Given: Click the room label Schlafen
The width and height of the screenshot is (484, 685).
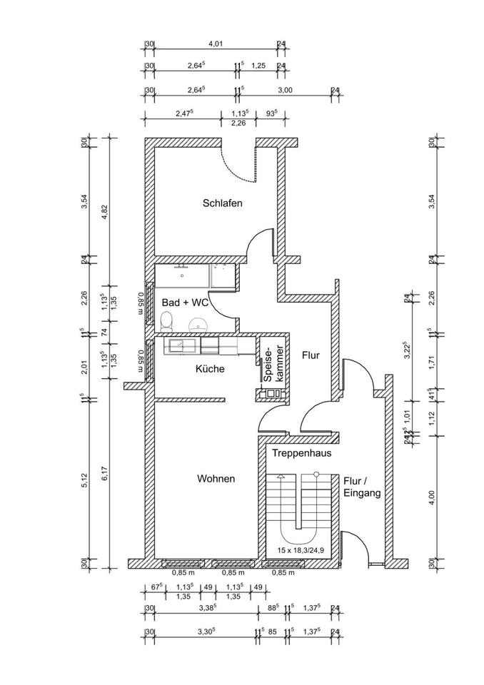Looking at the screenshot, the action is [x=222, y=203].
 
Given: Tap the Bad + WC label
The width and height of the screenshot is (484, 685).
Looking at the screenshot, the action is [x=184, y=303].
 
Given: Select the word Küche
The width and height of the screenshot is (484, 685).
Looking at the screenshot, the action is [x=210, y=369].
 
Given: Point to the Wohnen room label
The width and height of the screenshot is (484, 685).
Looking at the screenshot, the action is [x=216, y=479].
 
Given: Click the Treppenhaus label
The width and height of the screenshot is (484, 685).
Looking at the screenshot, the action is [x=301, y=452].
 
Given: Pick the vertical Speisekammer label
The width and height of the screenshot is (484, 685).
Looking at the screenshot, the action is [x=273, y=366].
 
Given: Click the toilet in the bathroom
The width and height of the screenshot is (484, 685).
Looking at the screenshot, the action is [x=166, y=323].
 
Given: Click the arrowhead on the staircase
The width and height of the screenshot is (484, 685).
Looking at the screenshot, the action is [x=281, y=475].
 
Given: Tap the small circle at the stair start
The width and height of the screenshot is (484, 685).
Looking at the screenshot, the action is [x=316, y=475].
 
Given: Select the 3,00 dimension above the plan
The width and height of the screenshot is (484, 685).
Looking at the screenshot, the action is [x=284, y=90].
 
